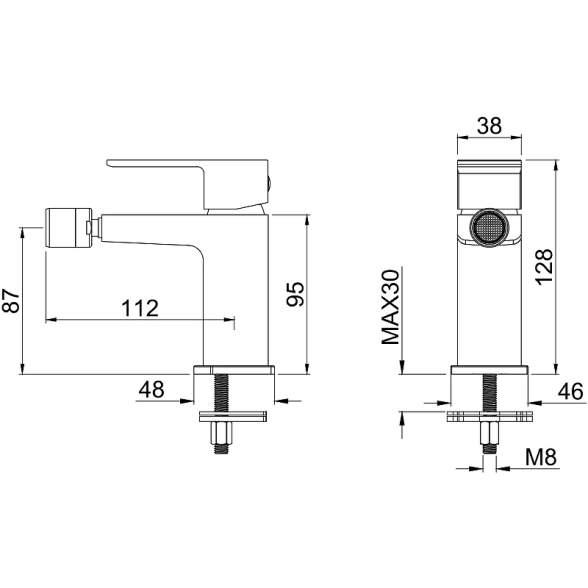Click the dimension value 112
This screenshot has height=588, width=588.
click(x=140, y=308)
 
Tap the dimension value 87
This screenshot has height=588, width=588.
click(x=11, y=300)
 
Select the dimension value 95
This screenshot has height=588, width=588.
click(x=296, y=294)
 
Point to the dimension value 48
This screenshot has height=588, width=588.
click(x=152, y=389)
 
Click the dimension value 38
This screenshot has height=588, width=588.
click(x=489, y=126)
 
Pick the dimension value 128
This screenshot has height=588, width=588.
click(x=544, y=267)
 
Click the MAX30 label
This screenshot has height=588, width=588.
click(x=391, y=307)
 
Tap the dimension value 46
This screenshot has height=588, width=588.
click(x=571, y=392)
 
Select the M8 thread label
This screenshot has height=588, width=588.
click(x=541, y=457)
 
